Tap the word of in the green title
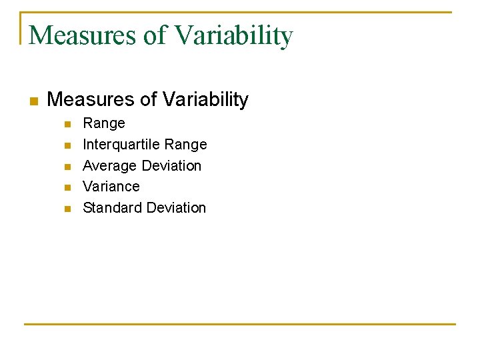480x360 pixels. (x=155, y=35)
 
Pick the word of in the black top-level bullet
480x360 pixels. (x=147, y=100)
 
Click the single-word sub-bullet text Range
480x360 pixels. (x=104, y=123)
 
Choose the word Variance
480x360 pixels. (x=111, y=187)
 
